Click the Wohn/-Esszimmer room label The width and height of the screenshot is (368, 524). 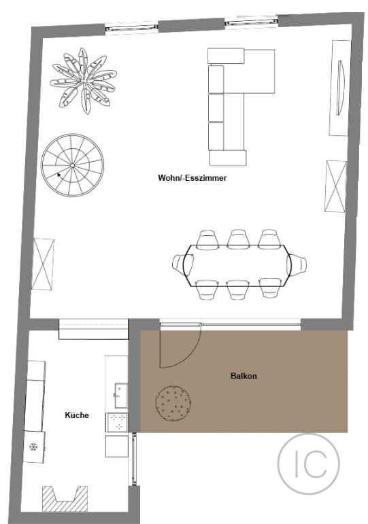[x=192, y=178]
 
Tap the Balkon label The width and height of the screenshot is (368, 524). [x=244, y=376]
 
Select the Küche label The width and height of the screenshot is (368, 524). [x=77, y=415]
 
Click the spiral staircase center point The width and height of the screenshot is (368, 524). [x=72, y=165]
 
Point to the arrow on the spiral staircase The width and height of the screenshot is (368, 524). [x=59, y=175]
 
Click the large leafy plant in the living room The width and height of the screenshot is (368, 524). [x=83, y=81]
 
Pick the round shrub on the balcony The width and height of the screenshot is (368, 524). [x=173, y=403]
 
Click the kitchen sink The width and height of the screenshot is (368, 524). [x=121, y=396]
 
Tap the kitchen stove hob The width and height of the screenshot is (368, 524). [x=117, y=423]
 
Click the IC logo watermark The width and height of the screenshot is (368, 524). [x=308, y=464]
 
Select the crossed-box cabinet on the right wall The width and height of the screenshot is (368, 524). [x=335, y=186]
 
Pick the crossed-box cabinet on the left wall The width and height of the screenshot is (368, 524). [x=43, y=264]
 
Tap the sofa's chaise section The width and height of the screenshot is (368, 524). [x=259, y=71]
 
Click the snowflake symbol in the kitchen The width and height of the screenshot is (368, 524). [x=33, y=447]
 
